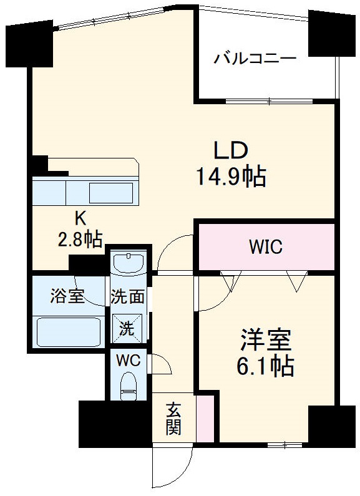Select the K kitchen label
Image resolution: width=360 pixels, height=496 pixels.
coord(80,218)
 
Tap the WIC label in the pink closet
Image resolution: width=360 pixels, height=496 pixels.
coord(266,247)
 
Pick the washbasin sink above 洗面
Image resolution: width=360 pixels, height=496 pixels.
coord(129,262)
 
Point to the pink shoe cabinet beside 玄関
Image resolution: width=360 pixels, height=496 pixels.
coord(204,416)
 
